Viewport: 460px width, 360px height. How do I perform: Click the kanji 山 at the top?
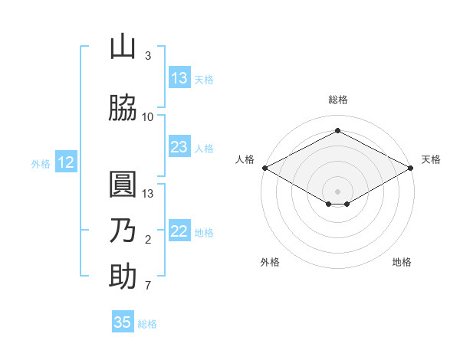tap(123, 48)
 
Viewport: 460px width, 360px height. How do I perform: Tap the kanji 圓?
tap(123, 186)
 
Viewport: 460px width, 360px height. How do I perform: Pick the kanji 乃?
tap(123, 231)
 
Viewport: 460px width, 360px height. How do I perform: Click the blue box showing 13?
tap(179, 78)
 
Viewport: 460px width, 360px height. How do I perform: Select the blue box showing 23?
tap(179, 147)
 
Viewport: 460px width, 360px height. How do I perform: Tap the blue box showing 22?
tap(179, 231)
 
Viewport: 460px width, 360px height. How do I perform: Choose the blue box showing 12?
tap(66, 162)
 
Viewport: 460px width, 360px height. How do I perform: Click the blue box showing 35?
tap(123, 322)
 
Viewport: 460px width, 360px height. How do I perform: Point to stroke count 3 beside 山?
tap(148, 56)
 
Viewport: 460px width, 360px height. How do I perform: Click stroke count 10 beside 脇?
tap(148, 116)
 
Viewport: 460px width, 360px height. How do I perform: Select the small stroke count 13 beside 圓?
tap(149, 193)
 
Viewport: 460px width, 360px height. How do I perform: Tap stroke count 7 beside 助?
tap(148, 286)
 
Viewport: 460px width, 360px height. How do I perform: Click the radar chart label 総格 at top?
tap(338, 100)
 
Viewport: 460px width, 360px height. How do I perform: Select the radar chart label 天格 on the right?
tap(431, 159)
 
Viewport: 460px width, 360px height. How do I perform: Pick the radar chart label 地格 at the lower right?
tap(402, 262)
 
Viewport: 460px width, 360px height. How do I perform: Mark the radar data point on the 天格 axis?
tap(412, 167)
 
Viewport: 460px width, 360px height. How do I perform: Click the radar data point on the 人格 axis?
tap(264, 167)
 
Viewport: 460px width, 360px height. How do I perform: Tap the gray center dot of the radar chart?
tap(338, 191)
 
